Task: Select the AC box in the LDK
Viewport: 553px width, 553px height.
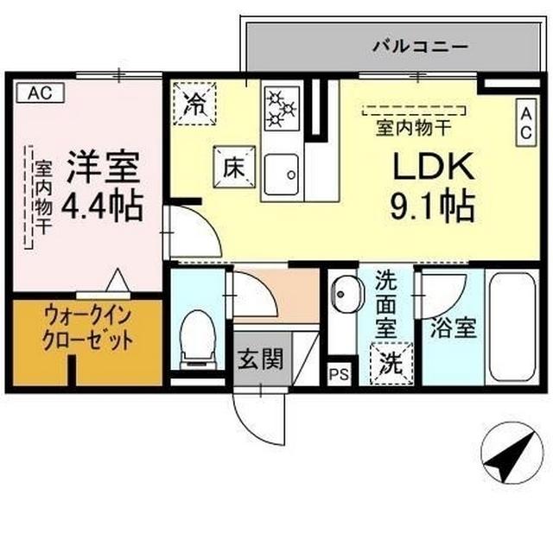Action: coord(525,122)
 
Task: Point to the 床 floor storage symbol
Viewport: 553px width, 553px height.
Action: coord(231,166)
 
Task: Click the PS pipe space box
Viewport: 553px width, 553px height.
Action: coord(340,373)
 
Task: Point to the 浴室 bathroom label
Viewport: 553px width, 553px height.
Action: coord(454,328)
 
